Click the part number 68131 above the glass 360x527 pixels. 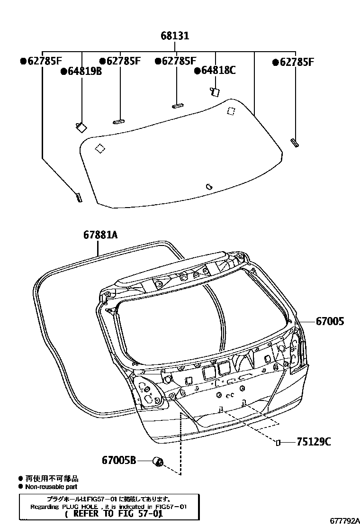[175, 36]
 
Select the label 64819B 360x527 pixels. [84, 72]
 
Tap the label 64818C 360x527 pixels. [218, 71]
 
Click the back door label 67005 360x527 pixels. [330, 322]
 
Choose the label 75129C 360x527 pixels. [314, 442]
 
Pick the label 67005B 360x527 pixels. [119, 460]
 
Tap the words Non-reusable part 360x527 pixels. [51, 487]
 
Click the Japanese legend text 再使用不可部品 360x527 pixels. [52, 479]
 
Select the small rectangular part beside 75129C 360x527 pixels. [279, 443]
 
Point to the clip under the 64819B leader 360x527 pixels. [80, 126]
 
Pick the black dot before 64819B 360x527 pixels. [63, 72]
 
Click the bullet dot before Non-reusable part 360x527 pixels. [20, 487]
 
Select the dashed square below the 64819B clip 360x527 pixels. [100, 148]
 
